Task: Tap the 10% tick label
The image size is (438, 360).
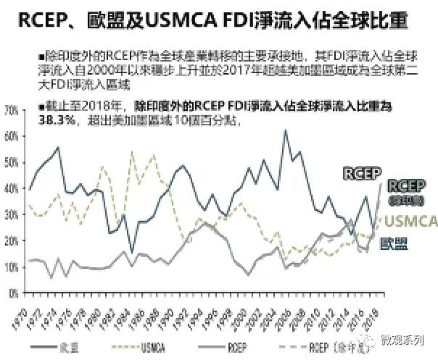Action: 10,267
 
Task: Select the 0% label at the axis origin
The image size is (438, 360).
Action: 13,293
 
